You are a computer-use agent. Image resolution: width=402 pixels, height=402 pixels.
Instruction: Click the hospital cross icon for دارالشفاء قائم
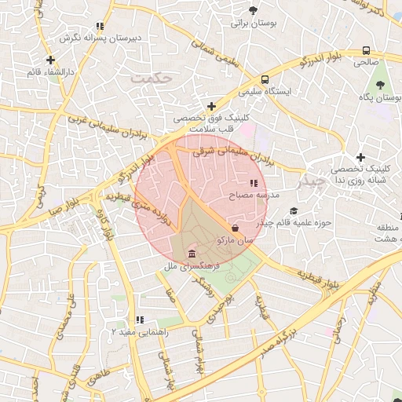tap(51, 60)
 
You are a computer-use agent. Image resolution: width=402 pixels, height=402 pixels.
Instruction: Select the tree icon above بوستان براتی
tap(252, 10)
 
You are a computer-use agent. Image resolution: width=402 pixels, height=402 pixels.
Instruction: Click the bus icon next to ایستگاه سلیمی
tap(265, 79)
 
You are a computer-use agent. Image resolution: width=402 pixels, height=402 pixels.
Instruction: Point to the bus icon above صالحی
tap(366, 47)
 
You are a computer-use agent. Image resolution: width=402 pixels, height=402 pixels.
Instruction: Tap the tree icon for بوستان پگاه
tap(380, 84)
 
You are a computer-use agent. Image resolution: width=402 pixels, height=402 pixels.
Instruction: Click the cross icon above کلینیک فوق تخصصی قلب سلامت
tap(210, 106)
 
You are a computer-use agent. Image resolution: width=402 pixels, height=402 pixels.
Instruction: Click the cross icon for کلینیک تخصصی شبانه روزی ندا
tap(360, 157)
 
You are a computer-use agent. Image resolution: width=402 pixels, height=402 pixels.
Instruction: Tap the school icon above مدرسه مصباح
tap(253, 183)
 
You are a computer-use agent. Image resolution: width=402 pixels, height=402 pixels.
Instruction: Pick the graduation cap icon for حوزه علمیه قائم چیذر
tap(294, 210)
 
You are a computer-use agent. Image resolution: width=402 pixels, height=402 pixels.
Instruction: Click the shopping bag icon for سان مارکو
tap(236, 228)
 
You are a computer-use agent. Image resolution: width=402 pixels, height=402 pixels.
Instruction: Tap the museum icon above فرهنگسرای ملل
tap(192, 253)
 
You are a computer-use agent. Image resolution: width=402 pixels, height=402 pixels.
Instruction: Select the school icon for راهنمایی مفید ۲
tap(139, 320)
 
